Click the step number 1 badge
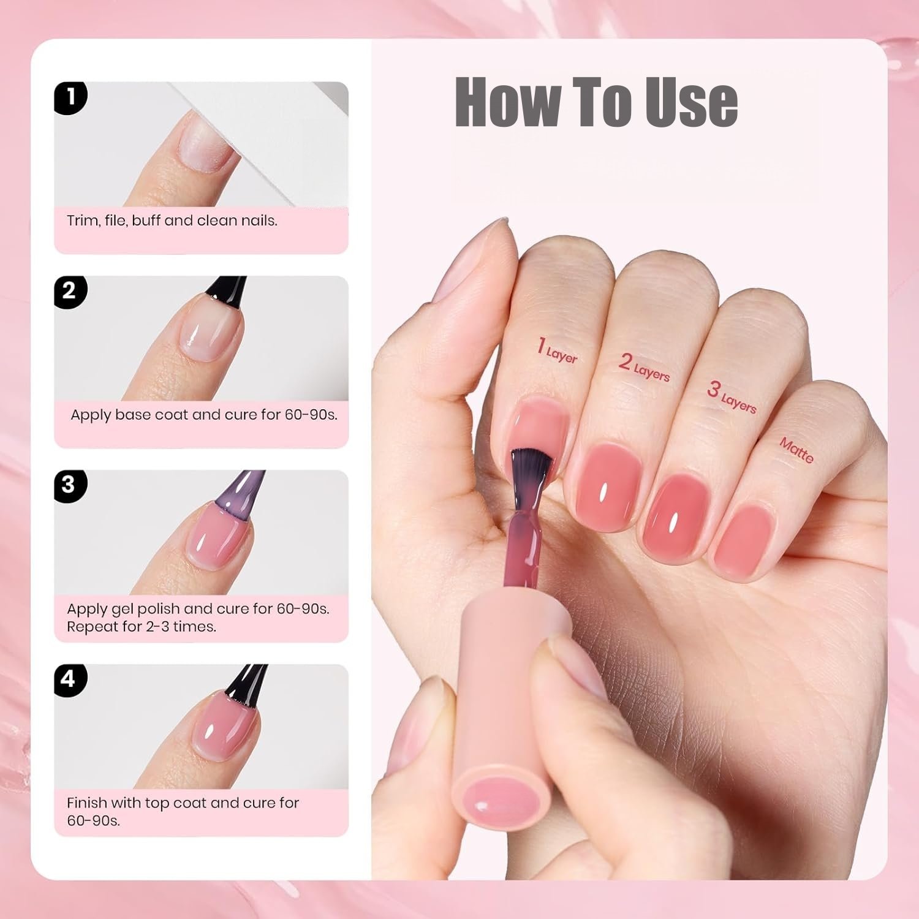[x=70, y=97]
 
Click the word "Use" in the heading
[x=690, y=102]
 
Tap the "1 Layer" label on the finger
[x=557, y=350]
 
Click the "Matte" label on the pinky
[x=796, y=450]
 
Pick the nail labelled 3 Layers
[x=675, y=515]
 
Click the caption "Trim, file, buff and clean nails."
[x=172, y=221]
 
